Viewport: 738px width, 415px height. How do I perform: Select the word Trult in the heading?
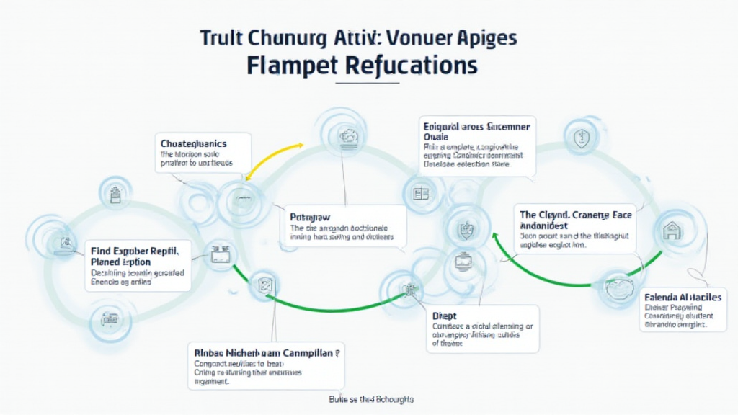(221, 37)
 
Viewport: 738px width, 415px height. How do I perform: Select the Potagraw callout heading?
(311, 215)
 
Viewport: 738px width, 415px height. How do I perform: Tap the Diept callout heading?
(445, 316)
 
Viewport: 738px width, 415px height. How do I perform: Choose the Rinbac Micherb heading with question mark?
(267, 353)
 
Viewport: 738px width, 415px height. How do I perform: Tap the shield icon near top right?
(577, 136)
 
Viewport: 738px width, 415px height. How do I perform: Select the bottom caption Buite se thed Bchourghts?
(370, 398)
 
